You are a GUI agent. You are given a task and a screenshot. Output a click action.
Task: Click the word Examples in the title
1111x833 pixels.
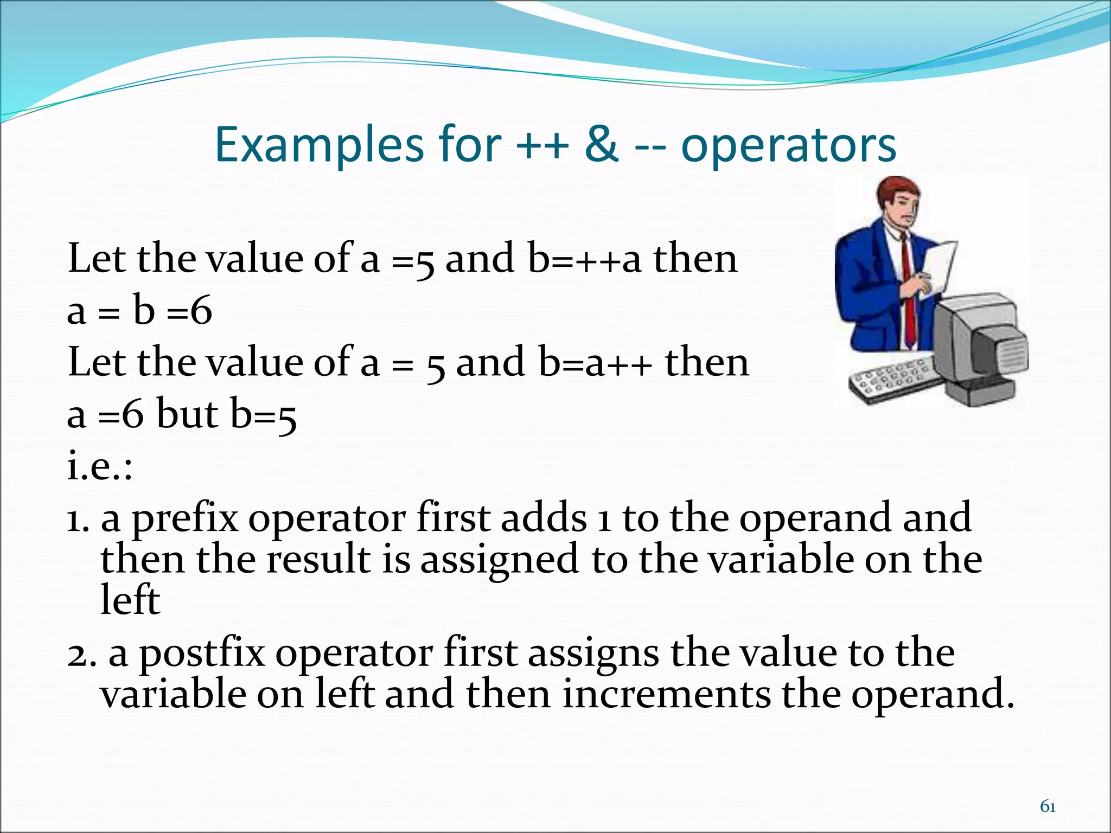[x=319, y=145]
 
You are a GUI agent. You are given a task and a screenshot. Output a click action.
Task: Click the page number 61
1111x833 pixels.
[x=1048, y=807]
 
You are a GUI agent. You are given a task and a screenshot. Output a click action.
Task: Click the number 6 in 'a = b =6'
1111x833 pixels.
[x=201, y=312]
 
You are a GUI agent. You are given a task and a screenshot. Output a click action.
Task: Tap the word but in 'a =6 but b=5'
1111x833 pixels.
[x=188, y=414]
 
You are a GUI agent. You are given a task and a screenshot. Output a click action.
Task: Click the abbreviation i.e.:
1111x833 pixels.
[x=100, y=466]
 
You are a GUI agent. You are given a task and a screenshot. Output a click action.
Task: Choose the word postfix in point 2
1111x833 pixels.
[x=202, y=653]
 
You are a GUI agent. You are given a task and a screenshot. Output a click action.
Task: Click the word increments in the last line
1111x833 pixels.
[x=666, y=695]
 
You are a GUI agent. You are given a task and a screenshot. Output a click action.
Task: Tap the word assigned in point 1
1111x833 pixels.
[x=499, y=560]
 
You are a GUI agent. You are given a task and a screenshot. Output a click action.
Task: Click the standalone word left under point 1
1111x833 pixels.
[x=130, y=600]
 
